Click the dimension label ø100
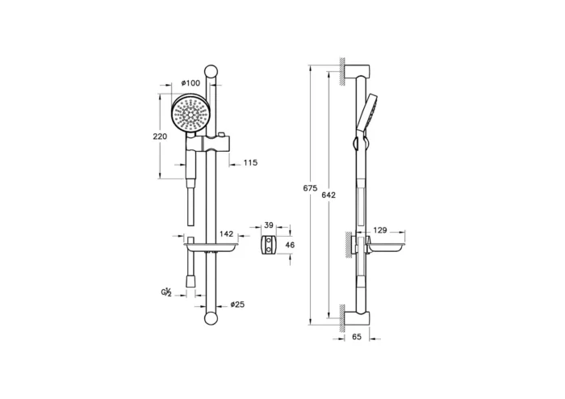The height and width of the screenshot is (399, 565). click(x=191, y=83)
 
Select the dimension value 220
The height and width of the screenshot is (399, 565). click(x=160, y=136)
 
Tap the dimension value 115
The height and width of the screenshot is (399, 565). click(x=250, y=163)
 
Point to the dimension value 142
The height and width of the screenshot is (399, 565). click(x=226, y=233)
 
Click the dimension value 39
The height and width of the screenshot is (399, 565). click(x=270, y=227)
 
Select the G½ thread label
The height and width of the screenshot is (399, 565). click(x=165, y=291)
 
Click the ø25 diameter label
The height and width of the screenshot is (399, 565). click(x=237, y=304)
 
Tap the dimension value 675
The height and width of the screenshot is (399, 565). click(x=310, y=188)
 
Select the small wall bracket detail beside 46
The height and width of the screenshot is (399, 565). click(x=270, y=245)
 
